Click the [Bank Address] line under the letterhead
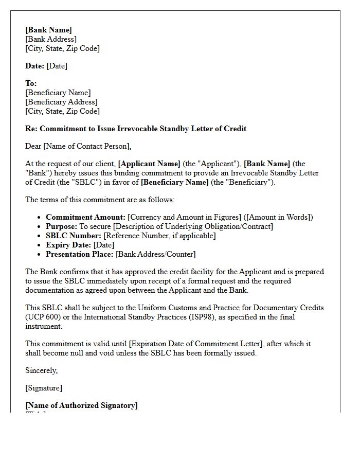coord(51,39)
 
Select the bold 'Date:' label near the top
coord(35,66)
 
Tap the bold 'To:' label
coord(31,83)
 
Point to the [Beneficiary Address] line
coord(61,102)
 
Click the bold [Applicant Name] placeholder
coord(149,164)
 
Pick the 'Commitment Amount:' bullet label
coord(85,217)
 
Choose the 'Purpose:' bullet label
coord(61,226)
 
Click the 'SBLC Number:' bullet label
coord(74,236)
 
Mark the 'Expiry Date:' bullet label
coord(68,245)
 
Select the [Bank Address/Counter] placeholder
coord(155,254)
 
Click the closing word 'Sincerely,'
coord(42,370)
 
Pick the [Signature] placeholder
coord(44,388)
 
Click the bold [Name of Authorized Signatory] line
coord(81,405)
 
